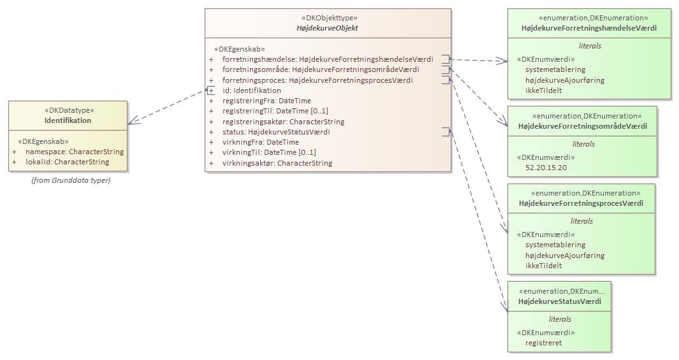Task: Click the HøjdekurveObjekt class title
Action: tap(328, 29)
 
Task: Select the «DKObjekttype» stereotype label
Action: tap(328, 18)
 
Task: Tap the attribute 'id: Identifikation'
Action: tap(251, 90)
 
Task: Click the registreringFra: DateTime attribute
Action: tap(266, 101)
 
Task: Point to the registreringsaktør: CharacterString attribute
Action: tap(283, 122)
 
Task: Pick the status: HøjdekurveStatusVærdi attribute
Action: tap(276, 132)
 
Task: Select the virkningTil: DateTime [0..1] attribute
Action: tap(268, 153)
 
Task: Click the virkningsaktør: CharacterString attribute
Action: tap(277, 163)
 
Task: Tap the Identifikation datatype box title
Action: tap(68, 120)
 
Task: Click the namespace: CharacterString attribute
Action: tap(74, 152)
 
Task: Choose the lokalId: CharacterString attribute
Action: tap(67, 162)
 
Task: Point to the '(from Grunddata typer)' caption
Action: tap(71, 180)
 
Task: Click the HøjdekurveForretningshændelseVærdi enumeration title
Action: tap(588, 29)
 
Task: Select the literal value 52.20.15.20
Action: tap(546, 168)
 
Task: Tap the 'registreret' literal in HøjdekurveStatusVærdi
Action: tap(543, 343)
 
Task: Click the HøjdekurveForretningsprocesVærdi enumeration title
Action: tap(581, 203)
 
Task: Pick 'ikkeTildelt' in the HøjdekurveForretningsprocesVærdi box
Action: tap(543, 266)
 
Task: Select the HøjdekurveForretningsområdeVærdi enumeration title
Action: tap(583, 126)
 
